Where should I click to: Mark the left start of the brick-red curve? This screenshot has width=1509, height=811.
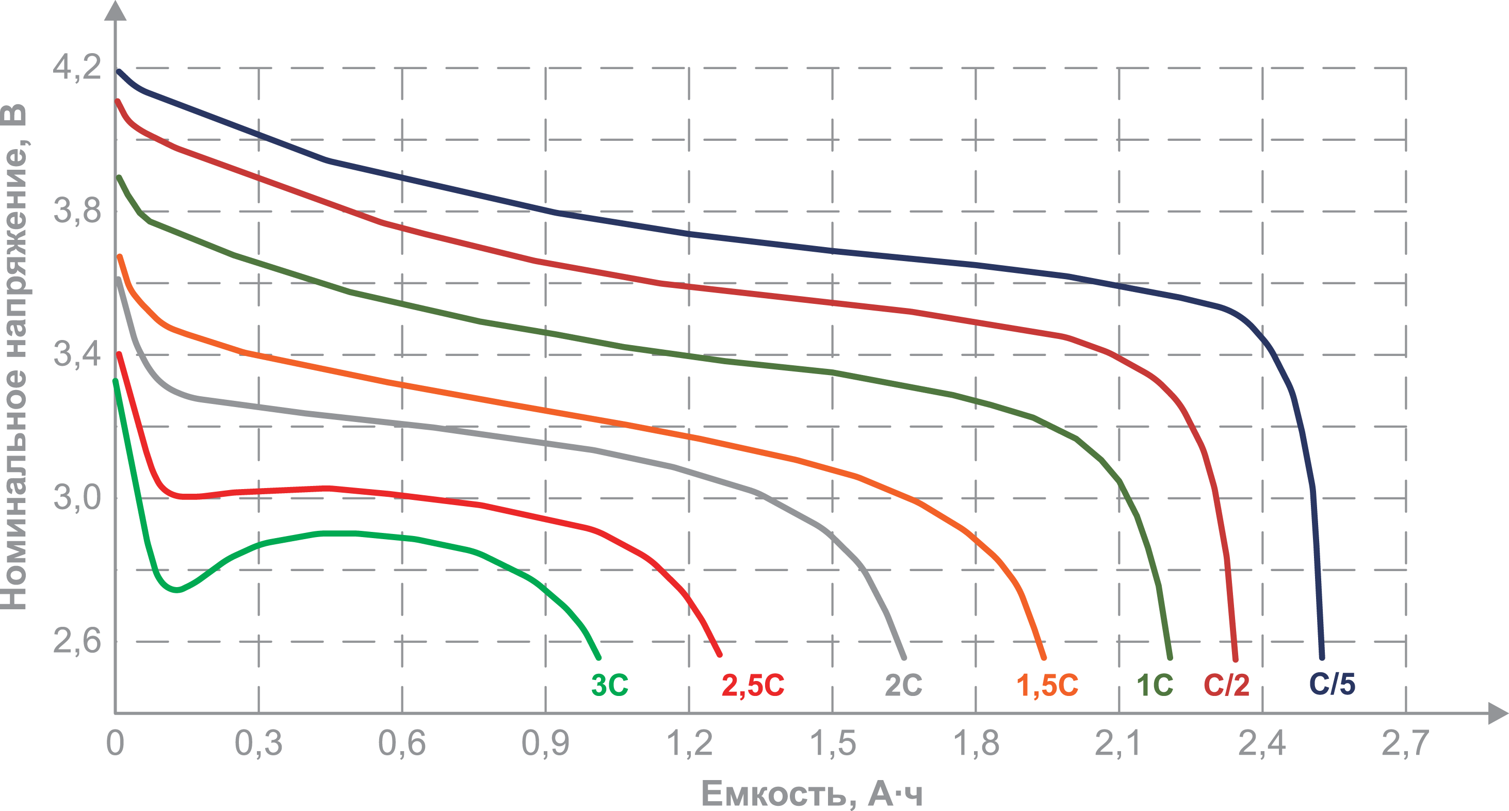click(x=118, y=101)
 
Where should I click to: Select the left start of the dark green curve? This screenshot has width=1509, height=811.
click(x=119, y=177)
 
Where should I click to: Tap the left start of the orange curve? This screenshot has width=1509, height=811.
click(x=119, y=256)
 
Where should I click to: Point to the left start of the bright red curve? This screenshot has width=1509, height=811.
click(x=120, y=354)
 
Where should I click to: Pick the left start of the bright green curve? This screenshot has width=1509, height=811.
click(x=115, y=381)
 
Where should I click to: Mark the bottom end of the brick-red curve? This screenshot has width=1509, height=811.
click(x=1236, y=660)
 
